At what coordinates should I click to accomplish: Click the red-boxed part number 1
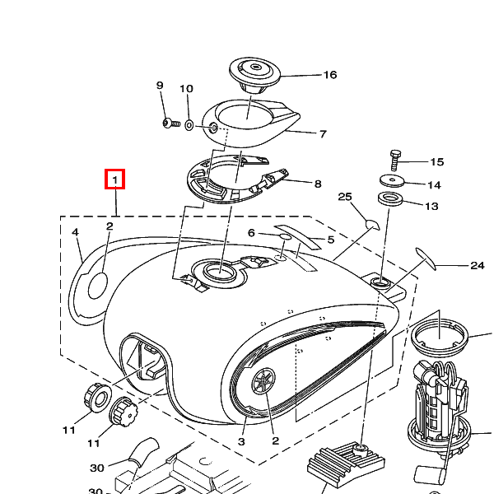[x=115, y=178]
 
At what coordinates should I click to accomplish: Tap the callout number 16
[x=329, y=75]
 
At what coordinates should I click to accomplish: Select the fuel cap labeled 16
[x=255, y=72]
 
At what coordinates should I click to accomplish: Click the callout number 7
[x=323, y=133]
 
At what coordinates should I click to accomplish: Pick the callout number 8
[x=317, y=184]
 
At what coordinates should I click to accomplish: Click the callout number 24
[x=477, y=265]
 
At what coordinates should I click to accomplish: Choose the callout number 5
[x=330, y=240]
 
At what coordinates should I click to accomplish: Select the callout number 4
[x=75, y=233]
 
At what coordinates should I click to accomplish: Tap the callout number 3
[x=242, y=441]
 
